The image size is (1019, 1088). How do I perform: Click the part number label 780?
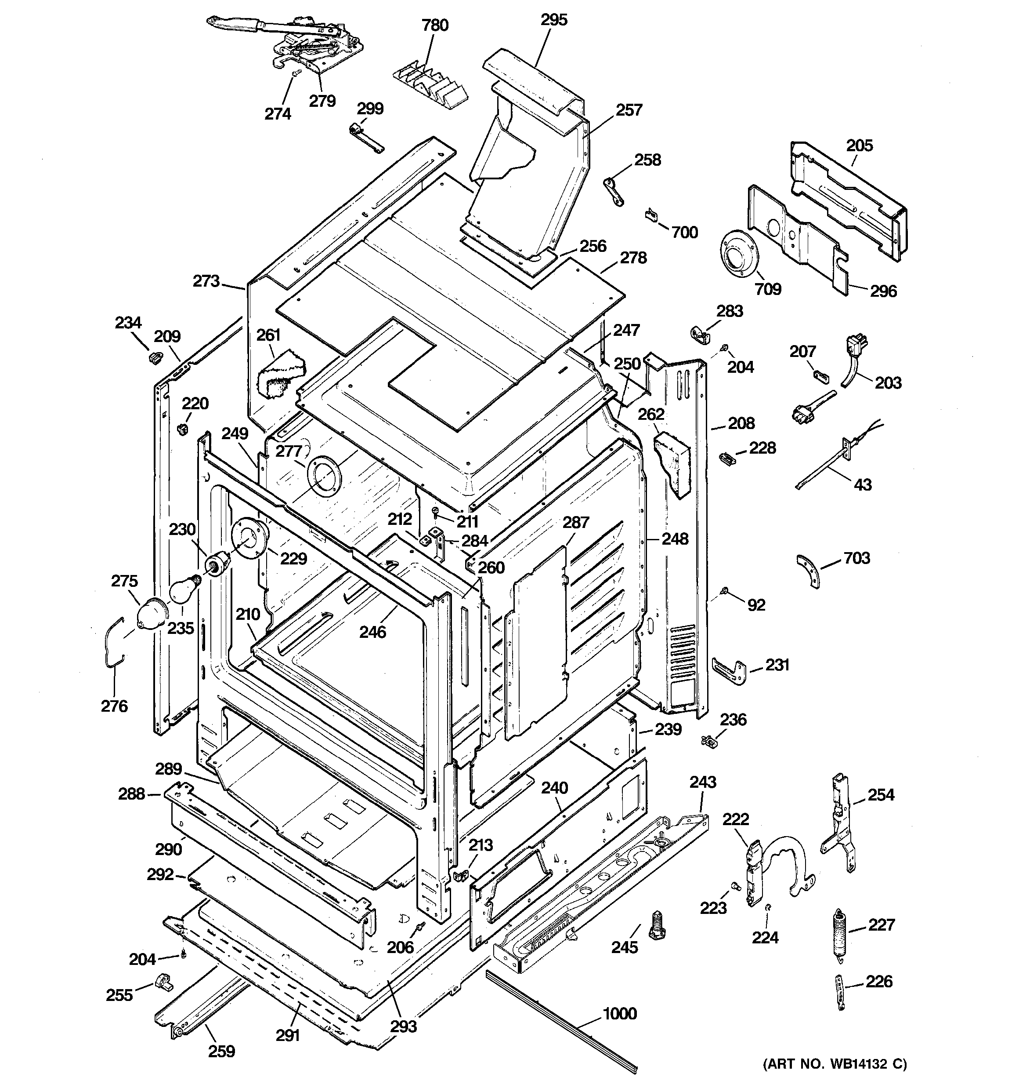(x=435, y=25)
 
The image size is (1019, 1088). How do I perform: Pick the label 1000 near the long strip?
(x=619, y=1014)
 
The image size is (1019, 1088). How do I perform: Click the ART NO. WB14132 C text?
(x=835, y=1064)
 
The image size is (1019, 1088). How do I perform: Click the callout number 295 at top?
(x=554, y=20)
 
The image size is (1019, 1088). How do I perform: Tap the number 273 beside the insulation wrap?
(x=206, y=281)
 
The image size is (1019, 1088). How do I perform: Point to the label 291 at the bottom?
(x=288, y=1035)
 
